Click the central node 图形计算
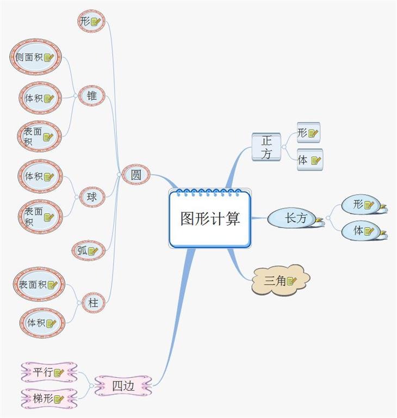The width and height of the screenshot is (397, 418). pyautogui.click(x=210, y=219)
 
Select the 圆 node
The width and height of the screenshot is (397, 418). pyautogui.click(x=136, y=175)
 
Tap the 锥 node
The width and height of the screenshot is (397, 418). pyautogui.click(x=92, y=96)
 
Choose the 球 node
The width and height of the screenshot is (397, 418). pyautogui.click(x=92, y=196)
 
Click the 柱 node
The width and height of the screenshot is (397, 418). pyautogui.click(x=93, y=303)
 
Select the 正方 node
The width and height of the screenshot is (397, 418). pyautogui.click(x=266, y=147)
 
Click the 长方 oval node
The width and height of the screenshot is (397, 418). pyautogui.click(x=296, y=218)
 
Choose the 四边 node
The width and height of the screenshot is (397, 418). pyautogui.click(x=123, y=385)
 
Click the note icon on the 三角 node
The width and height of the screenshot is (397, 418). pyautogui.click(x=291, y=281)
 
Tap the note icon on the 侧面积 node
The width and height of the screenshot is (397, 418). pyautogui.click(x=49, y=58)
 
